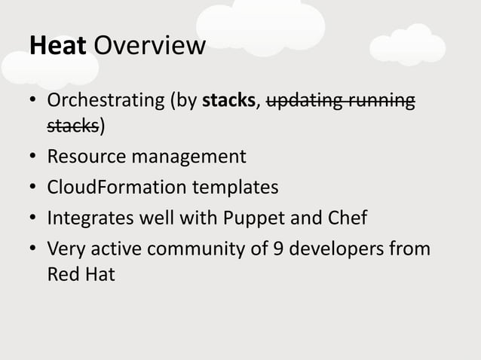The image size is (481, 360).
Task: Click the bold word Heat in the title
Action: [59, 46]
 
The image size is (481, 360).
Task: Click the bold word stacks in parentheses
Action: [230, 101]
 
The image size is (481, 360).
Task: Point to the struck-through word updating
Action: [304, 102]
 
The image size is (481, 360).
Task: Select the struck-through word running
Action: [380, 102]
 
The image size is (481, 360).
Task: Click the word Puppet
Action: [254, 218]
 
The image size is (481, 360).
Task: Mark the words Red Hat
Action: [81, 273]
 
